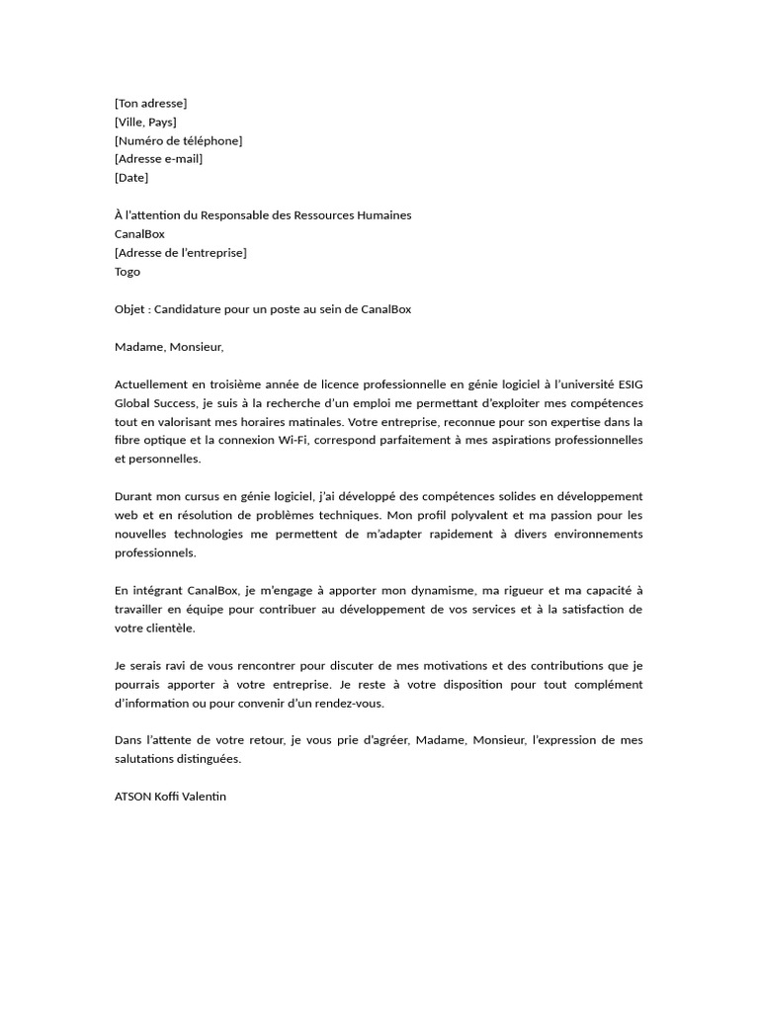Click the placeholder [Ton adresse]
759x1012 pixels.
pyautogui.click(x=150, y=103)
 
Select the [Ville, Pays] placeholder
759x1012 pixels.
pyautogui.click(x=145, y=122)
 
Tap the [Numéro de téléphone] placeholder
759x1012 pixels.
pyautogui.click(x=178, y=140)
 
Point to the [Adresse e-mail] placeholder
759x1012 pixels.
pyautogui.click(x=158, y=159)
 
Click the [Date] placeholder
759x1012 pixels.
pyautogui.click(x=131, y=178)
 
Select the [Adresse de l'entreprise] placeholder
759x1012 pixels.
pyautogui.click(x=181, y=253)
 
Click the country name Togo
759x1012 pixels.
pyautogui.click(x=127, y=272)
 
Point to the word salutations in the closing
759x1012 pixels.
pyautogui.click(x=145, y=759)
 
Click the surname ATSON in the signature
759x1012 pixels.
pyautogui.click(x=132, y=797)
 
